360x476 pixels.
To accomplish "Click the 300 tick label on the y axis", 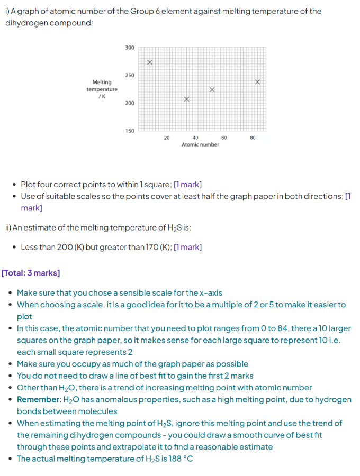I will (130, 48).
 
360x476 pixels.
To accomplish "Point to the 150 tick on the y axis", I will (130, 130).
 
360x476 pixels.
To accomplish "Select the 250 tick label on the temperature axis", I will (130, 76).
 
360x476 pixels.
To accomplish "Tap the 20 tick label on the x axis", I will (167, 138).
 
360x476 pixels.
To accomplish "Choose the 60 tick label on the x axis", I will (224, 138).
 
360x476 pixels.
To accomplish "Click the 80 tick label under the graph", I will (253, 138).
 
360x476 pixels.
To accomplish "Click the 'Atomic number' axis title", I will (200, 144).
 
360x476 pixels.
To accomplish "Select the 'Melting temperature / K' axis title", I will (102, 89).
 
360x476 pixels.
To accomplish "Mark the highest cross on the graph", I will (149, 62).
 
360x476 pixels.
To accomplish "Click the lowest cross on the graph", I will (186, 99).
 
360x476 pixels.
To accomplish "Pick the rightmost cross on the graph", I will (257, 82).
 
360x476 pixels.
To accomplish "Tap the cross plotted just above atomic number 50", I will (212, 90).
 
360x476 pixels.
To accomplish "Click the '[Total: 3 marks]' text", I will (31, 273).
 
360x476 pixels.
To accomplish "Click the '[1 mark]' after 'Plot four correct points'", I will (187, 185).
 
